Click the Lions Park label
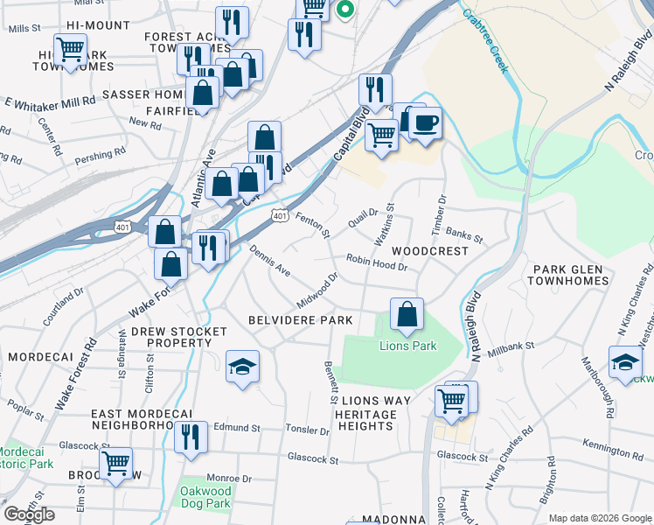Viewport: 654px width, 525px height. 407,346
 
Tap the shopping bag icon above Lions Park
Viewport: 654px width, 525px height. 407,315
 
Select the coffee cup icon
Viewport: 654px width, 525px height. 426,122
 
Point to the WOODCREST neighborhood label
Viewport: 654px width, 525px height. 429,251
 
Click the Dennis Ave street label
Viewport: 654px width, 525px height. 269,261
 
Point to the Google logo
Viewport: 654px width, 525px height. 29,514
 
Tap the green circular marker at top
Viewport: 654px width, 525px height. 344,10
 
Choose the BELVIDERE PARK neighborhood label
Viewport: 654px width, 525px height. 299,321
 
